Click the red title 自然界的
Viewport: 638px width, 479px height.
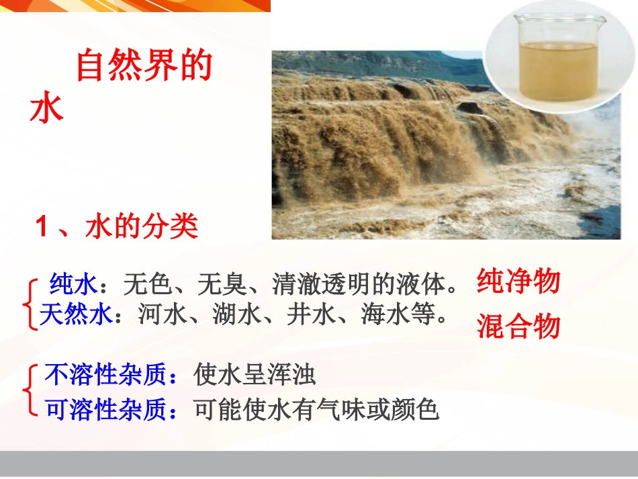point(144,67)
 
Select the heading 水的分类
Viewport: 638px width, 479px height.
point(142,227)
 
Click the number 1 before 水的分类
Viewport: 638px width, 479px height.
point(43,228)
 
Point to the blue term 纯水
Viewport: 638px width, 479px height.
point(74,286)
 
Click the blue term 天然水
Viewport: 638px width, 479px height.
point(75,315)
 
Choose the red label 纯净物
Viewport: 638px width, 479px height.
point(518,281)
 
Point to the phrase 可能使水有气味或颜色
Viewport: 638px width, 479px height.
point(316,408)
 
